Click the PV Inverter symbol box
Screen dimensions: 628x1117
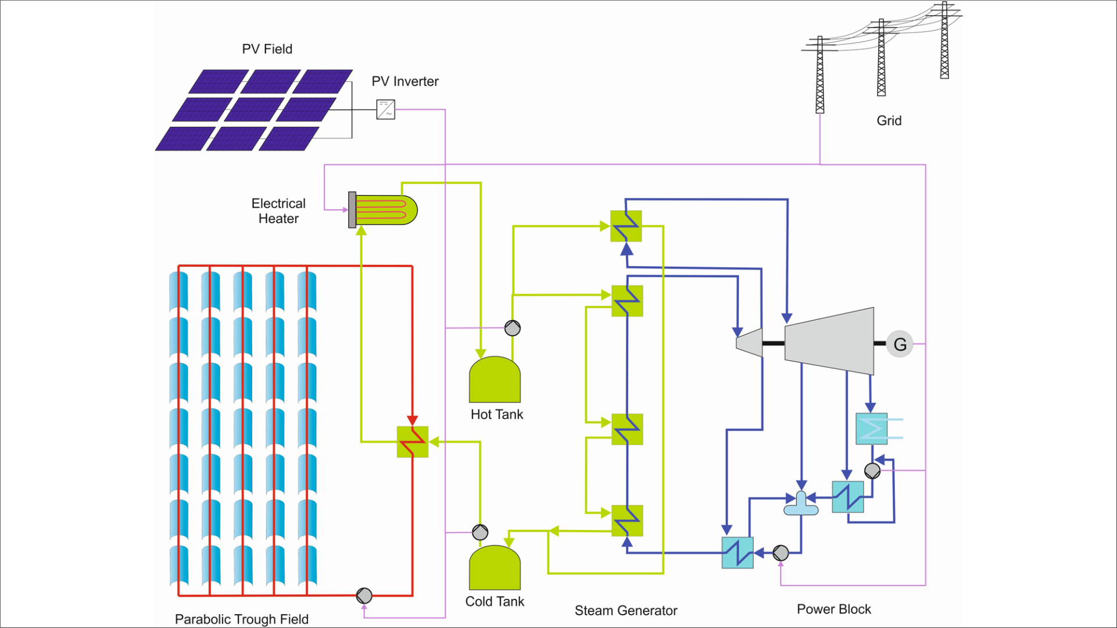(x=385, y=109)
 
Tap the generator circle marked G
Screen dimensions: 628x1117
(x=900, y=344)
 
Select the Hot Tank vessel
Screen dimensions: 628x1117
(x=495, y=380)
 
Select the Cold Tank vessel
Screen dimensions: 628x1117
(x=495, y=568)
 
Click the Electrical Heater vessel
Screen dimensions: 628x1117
(x=384, y=210)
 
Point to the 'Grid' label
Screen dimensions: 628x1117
(x=889, y=121)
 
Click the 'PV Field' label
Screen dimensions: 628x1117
(x=267, y=49)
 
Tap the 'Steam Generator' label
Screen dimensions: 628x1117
(x=625, y=611)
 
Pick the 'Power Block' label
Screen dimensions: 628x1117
(x=833, y=609)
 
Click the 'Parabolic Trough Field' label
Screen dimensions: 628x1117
(x=241, y=619)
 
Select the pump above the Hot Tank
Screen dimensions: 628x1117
(x=512, y=328)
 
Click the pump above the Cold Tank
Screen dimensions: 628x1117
(x=480, y=532)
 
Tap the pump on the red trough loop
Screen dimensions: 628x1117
(x=364, y=595)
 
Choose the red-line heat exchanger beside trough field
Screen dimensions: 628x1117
(x=413, y=442)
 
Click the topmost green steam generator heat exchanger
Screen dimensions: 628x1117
(x=626, y=226)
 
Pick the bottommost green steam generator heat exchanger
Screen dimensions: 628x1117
(x=627, y=521)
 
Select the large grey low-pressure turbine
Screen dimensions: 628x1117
(x=829, y=341)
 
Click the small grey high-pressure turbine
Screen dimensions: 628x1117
(x=749, y=342)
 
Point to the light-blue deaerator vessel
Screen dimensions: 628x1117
(x=801, y=505)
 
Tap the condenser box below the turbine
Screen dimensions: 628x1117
(x=871, y=429)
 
